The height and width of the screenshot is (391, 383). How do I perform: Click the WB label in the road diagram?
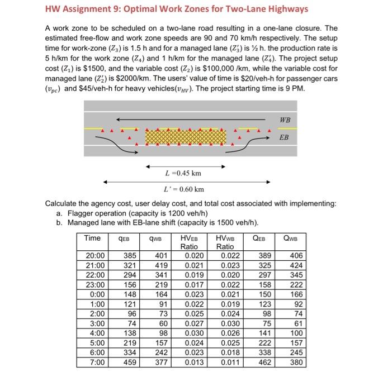point(285,120)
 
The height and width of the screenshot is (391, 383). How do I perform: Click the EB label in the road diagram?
point(284,137)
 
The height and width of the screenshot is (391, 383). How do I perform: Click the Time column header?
point(92,239)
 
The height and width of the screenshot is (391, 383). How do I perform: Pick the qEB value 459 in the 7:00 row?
point(129,363)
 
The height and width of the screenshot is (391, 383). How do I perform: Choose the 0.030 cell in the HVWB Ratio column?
point(225,323)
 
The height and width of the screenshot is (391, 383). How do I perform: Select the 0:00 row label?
point(92,294)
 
